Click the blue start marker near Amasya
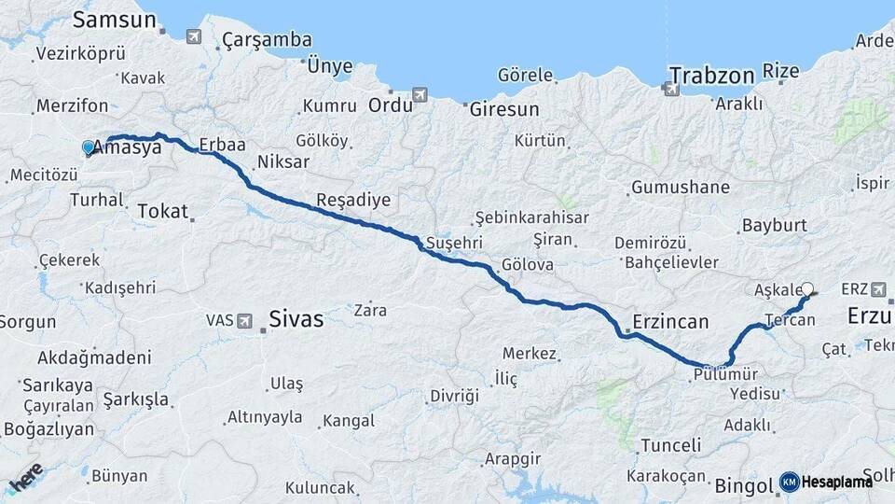click(x=89, y=147)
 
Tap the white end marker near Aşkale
click(x=807, y=289)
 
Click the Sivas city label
click(x=296, y=319)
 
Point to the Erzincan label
click(x=670, y=322)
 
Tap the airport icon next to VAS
click(x=244, y=320)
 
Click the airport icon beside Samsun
click(x=193, y=36)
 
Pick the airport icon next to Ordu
click(x=420, y=95)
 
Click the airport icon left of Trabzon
click(x=669, y=89)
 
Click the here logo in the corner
click(x=25, y=479)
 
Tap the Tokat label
click(x=162, y=211)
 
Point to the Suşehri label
click(x=454, y=243)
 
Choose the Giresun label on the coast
click(x=503, y=109)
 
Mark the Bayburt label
click(x=773, y=226)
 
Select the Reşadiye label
click(x=353, y=200)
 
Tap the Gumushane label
click(x=681, y=188)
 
